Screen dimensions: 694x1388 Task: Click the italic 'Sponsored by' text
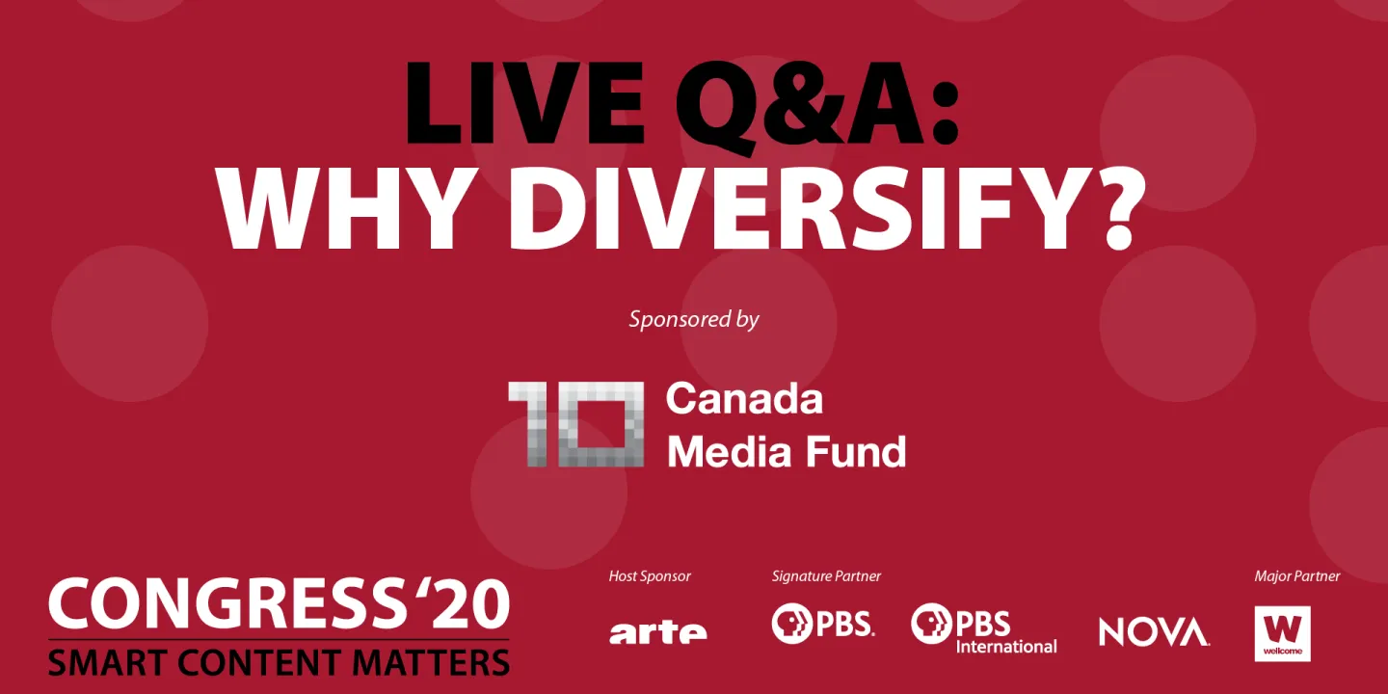pyautogui.click(x=694, y=319)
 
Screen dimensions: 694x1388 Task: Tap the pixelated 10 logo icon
pyautogui.click(x=576, y=424)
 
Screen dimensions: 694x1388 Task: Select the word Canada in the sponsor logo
pyautogui.click(x=744, y=398)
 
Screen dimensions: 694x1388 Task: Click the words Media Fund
pyautogui.click(x=787, y=450)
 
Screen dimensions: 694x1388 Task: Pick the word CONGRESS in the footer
pyautogui.click(x=223, y=604)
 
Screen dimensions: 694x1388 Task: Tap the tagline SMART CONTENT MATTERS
pyautogui.click(x=279, y=661)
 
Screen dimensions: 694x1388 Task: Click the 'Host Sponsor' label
pyautogui.click(x=650, y=576)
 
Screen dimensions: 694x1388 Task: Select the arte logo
pyautogui.click(x=657, y=631)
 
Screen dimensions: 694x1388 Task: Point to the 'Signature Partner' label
pyautogui.click(x=826, y=576)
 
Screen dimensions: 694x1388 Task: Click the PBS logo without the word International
pyautogui.click(x=822, y=625)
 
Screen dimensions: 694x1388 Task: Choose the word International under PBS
pyautogui.click(x=1006, y=646)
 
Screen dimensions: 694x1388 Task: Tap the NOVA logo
pyautogui.click(x=1154, y=631)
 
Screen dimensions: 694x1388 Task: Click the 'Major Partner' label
pyautogui.click(x=1296, y=576)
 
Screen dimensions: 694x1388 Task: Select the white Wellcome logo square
pyautogui.click(x=1282, y=633)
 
